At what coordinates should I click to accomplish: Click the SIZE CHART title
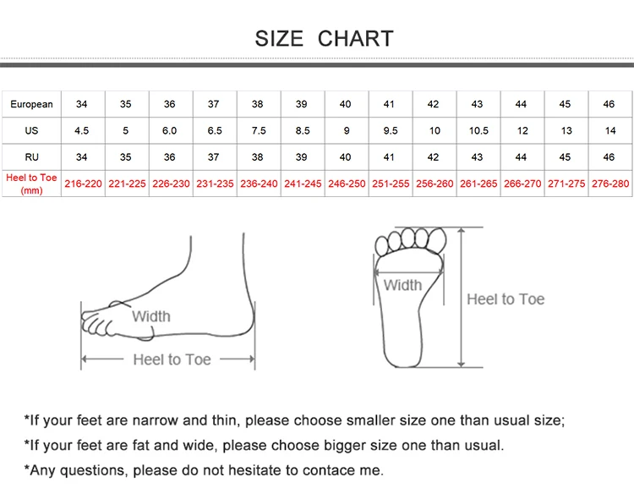(x=324, y=38)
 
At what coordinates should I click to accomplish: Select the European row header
(x=31, y=105)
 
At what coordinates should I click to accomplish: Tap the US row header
(x=31, y=131)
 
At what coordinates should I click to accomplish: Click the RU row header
(x=31, y=157)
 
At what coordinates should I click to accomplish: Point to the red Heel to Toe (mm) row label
(x=31, y=184)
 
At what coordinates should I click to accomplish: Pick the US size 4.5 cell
(x=82, y=131)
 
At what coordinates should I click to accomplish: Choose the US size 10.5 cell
(x=478, y=131)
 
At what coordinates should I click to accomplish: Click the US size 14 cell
(x=610, y=131)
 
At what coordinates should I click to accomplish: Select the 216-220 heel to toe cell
(x=82, y=184)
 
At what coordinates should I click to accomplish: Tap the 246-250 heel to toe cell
(x=346, y=184)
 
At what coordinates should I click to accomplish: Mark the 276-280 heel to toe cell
(x=610, y=184)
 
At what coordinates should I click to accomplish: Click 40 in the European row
(x=346, y=105)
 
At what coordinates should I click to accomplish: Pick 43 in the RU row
(x=478, y=157)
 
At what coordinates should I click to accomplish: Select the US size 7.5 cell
(x=258, y=131)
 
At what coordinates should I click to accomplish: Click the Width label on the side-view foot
(x=151, y=316)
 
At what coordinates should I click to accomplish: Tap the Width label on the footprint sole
(x=402, y=285)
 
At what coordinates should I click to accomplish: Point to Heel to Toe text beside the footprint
(x=506, y=299)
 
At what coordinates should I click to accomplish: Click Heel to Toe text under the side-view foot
(x=172, y=359)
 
